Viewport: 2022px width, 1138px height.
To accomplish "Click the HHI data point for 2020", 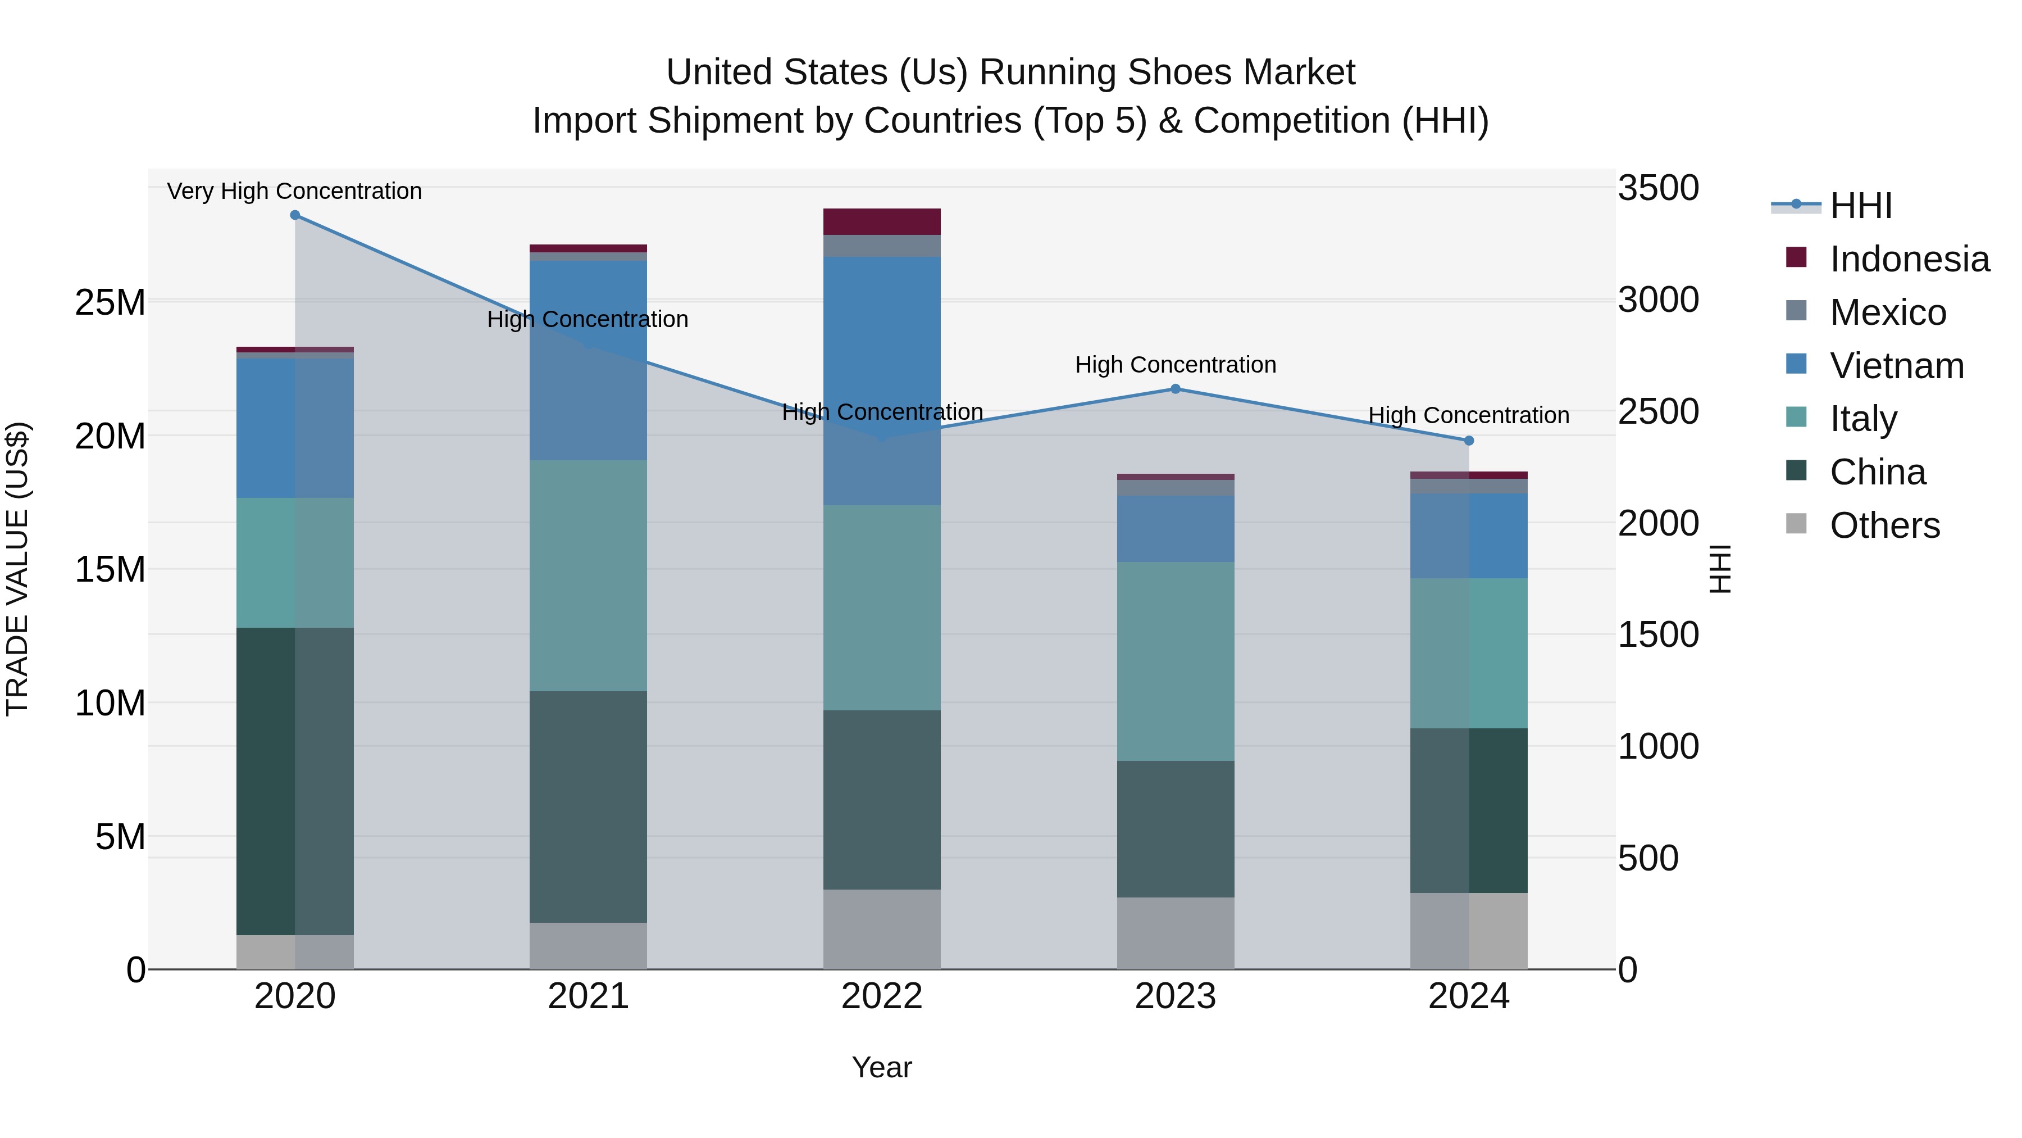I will [295, 215].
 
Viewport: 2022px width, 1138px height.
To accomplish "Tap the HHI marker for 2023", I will [1175, 389].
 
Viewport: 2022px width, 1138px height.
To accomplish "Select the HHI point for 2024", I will [1469, 441].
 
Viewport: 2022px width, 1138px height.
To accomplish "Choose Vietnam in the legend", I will [1896, 366].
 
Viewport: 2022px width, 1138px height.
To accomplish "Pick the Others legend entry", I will [1884, 525].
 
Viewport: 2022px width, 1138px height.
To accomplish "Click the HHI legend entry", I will [1860, 206].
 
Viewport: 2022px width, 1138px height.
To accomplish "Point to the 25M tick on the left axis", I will [110, 302].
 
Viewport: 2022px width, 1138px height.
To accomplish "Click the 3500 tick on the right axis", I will [1658, 188].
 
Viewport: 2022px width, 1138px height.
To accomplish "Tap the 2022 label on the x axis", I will [881, 996].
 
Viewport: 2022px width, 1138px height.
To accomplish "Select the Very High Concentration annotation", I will [294, 191].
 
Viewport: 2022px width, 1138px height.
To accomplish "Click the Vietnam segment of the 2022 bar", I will [881, 381].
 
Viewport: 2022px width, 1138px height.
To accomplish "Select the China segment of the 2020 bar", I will [294, 782].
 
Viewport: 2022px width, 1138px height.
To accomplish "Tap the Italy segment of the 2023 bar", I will [1175, 661].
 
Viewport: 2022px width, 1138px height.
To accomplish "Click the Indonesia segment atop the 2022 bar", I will [881, 221].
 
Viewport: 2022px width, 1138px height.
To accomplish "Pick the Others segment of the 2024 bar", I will [1469, 931].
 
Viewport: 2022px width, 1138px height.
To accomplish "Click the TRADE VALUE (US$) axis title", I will [17, 569].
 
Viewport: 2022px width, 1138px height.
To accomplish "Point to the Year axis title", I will [881, 1067].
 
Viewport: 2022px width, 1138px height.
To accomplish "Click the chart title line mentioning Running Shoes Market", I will [1010, 72].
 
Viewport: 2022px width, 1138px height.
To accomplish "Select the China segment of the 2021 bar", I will [588, 806].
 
